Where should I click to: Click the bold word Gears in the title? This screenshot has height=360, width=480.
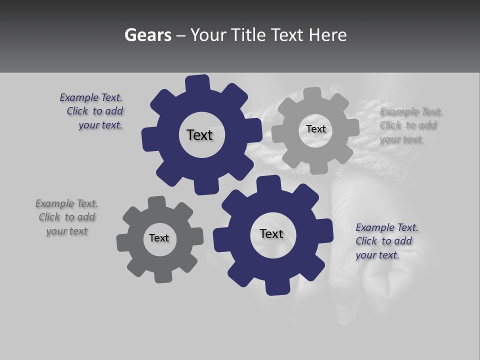[x=147, y=35]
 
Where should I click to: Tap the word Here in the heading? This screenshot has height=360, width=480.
[x=328, y=35]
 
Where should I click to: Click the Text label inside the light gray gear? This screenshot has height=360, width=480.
[x=315, y=129]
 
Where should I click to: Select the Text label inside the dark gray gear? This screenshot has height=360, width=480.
[x=159, y=238]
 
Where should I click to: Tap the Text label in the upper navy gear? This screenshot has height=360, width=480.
[x=199, y=135]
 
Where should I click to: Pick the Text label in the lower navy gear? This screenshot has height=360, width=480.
[x=271, y=233]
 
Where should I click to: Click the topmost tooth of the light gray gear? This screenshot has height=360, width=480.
[x=312, y=93]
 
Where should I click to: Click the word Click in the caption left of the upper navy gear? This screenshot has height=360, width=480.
[x=78, y=111]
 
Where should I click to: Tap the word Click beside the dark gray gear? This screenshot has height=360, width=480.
[x=49, y=217]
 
